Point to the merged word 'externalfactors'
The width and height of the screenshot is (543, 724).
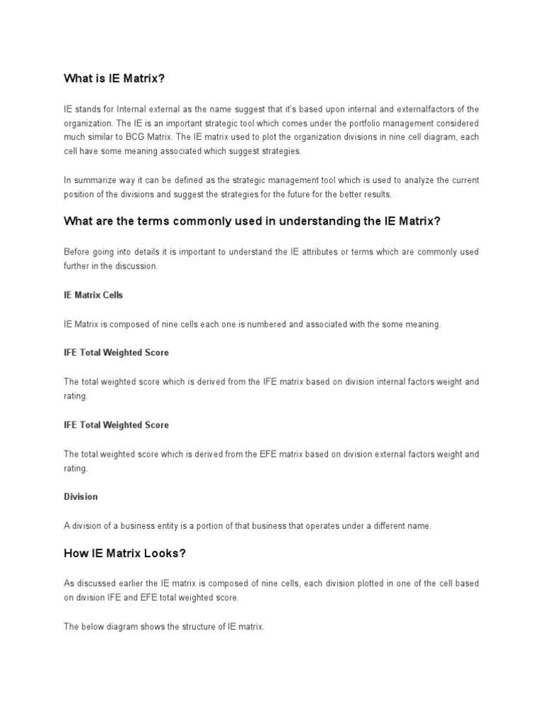415,108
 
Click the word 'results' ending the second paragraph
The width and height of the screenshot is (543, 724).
385,194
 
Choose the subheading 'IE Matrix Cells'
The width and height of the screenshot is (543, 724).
93,295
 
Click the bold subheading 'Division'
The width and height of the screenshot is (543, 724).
81,496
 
